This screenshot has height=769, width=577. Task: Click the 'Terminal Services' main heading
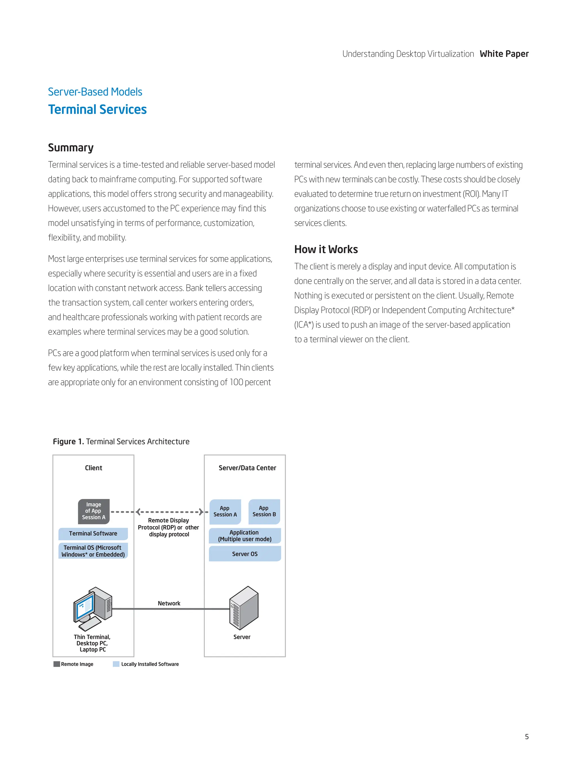click(x=97, y=110)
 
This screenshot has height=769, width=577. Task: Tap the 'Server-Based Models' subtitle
click(x=95, y=92)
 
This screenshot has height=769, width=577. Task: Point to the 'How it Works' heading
click(x=326, y=249)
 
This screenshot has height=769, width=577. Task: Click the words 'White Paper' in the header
click(x=504, y=54)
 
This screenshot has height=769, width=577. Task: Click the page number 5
click(x=527, y=736)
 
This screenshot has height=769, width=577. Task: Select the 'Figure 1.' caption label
click(x=68, y=442)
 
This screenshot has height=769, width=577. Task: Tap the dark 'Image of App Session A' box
click(x=94, y=511)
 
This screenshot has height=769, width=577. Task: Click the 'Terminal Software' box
click(x=93, y=533)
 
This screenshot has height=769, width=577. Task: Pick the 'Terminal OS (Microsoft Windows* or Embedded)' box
click(x=93, y=551)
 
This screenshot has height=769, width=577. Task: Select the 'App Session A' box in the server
click(x=225, y=511)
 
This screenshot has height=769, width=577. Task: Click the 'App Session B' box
click(x=264, y=511)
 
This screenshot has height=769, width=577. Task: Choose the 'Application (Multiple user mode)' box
click(x=245, y=536)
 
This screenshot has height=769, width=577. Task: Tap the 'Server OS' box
click(x=245, y=554)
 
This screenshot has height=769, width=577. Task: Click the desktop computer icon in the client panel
click(x=92, y=608)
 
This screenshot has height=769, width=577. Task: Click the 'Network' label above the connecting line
click(x=169, y=603)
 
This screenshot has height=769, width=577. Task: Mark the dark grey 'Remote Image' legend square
click(x=57, y=664)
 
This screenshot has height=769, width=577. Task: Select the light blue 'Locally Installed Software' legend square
click(x=116, y=664)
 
